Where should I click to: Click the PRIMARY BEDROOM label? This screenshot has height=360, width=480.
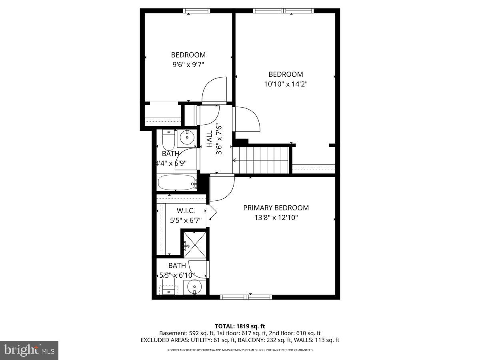point(276,208)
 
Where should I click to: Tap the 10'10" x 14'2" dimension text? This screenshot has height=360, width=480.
point(285,84)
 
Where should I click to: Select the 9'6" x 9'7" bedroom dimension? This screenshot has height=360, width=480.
point(188,65)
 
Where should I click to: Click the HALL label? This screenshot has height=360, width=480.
point(209,139)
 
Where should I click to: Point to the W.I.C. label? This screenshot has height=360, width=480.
point(186,210)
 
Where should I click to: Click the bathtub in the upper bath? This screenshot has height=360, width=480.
point(176,183)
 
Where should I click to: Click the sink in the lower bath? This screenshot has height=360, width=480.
point(194,287)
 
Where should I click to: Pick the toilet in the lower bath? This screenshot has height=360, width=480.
point(169,285)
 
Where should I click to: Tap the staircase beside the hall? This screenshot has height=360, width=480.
point(261,160)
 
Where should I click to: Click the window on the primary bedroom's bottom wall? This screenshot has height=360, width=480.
point(246,297)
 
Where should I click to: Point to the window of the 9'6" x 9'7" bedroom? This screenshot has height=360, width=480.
point(196,11)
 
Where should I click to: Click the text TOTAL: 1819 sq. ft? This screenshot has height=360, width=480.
point(240,326)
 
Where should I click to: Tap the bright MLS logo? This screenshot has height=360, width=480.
point(29,350)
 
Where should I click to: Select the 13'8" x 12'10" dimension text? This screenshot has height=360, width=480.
point(276,218)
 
